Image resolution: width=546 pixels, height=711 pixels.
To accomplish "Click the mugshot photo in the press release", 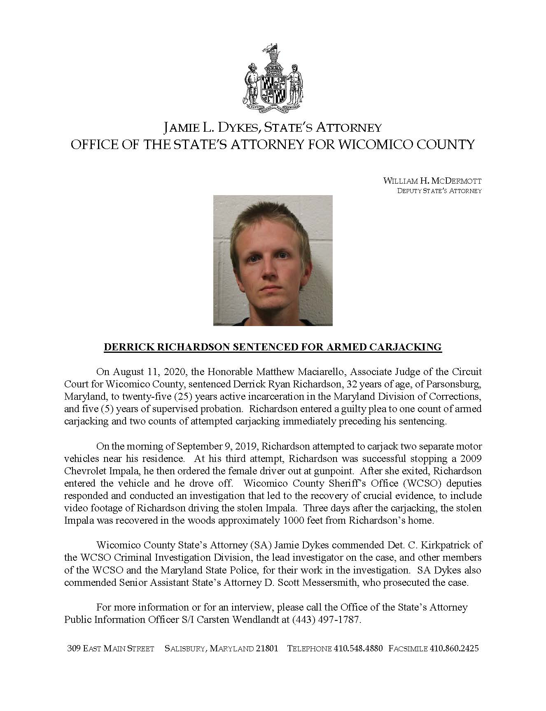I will click(x=273, y=260).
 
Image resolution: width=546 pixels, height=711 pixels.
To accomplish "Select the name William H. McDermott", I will click(x=432, y=181).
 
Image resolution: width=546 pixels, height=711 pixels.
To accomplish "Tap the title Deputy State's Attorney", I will click(x=439, y=191).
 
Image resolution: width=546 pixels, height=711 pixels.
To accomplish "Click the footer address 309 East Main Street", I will click(x=110, y=648).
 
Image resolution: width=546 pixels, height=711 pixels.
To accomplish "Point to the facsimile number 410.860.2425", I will click(x=454, y=648).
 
